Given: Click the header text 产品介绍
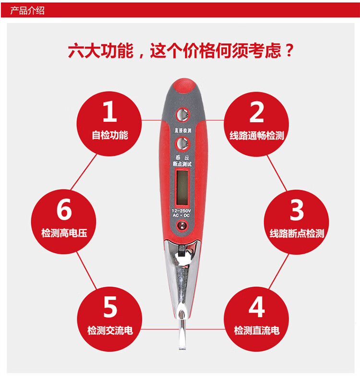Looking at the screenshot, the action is (27, 11).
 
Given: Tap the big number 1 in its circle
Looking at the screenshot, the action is (110, 111).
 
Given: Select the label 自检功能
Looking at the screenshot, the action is (110, 135).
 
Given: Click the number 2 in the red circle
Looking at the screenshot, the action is (256, 112).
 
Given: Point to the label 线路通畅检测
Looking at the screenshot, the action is (257, 135).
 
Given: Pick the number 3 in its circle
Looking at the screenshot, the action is (297, 210).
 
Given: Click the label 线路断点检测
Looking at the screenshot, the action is (297, 233).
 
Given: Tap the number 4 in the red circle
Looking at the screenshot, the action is (257, 307).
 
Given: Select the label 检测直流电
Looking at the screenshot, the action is (257, 330).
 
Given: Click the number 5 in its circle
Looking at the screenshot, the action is (110, 307).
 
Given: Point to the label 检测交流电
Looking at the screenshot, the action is (110, 330).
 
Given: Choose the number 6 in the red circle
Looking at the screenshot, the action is (64, 209).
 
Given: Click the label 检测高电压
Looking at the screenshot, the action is (64, 233).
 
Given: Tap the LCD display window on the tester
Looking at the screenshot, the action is (182, 187).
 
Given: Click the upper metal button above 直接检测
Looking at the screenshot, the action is (182, 115).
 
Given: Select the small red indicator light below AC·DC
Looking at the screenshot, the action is (182, 225).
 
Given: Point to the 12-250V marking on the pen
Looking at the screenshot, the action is (181, 211).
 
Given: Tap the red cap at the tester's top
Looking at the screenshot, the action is (184, 86).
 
